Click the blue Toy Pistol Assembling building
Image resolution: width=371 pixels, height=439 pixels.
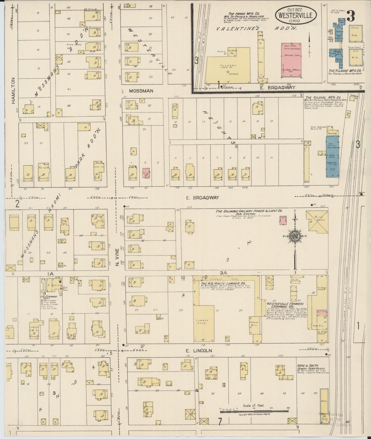coord(332,157)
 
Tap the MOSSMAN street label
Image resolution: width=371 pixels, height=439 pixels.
coord(141,91)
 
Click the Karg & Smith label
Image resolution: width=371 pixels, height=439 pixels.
coord(305,365)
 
